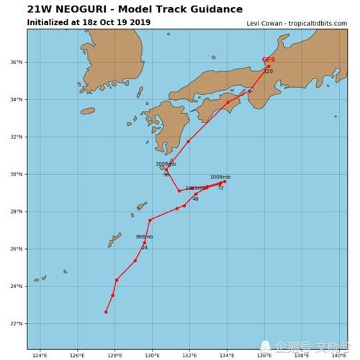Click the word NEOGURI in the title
tap(76, 9)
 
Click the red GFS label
tap(268, 60)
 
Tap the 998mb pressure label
tap(144, 237)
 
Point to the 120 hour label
tap(268, 71)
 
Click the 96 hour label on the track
tap(166, 175)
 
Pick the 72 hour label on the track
tap(220, 188)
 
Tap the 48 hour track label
tap(195, 199)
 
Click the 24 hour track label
tap(144, 248)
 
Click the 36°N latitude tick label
tap(17, 62)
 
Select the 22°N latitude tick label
tap(17, 324)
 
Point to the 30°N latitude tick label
tap(17, 174)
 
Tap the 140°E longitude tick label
tap(339, 355)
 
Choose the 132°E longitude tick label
tap(189, 355)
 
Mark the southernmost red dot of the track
tap(106, 312)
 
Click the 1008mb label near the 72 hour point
tap(220, 176)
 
